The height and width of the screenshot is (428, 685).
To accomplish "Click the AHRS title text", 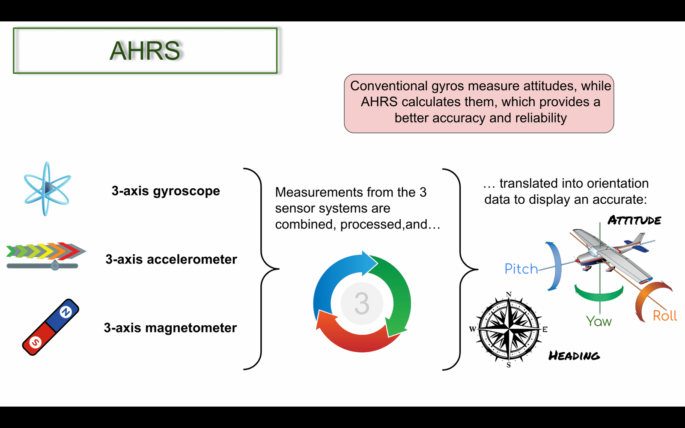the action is click(145, 51).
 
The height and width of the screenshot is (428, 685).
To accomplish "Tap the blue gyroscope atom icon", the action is click(47, 189).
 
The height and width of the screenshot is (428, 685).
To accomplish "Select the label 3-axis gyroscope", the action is click(166, 191).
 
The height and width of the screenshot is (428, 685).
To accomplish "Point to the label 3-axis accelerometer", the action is click(171, 259).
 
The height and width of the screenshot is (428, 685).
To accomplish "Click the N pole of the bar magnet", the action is click(66, 312).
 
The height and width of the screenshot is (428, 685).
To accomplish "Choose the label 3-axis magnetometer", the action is click(170, 328).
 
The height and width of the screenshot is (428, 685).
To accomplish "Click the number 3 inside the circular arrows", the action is click(362, 303).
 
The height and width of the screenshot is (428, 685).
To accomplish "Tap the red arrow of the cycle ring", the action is click(355, 339).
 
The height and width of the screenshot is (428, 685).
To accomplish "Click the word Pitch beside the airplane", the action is click(521, 269).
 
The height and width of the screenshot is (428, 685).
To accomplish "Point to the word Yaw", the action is click(599, 321).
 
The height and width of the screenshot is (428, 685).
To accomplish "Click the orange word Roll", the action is click(665, 315).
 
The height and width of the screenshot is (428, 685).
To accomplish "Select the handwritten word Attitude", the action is click(634, 220).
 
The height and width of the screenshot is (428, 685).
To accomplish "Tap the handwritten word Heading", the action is click(574, 356).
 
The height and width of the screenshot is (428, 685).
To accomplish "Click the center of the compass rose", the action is click(509, 329).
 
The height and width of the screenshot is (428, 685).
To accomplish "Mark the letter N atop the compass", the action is click(509, 294).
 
